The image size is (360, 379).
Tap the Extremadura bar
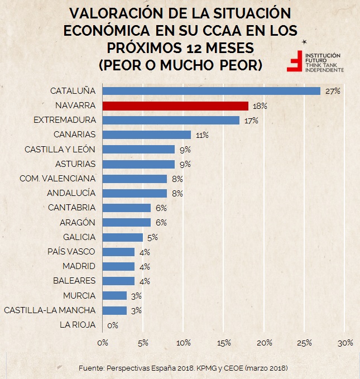point(171,120)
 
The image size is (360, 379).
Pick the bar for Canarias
point(147,135)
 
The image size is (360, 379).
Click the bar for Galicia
point(123,237)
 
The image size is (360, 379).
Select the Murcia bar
point(114,295)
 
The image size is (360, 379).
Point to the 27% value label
point(333,91)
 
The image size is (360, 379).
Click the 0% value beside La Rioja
point(112,325)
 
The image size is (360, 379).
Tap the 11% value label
point(201,135)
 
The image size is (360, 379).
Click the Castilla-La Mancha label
point(50,310)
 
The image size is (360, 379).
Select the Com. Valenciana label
point(57,179)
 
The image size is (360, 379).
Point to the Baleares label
point(74,281)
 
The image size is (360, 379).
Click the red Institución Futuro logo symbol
point(294,61)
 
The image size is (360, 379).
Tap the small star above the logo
point(303,42)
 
